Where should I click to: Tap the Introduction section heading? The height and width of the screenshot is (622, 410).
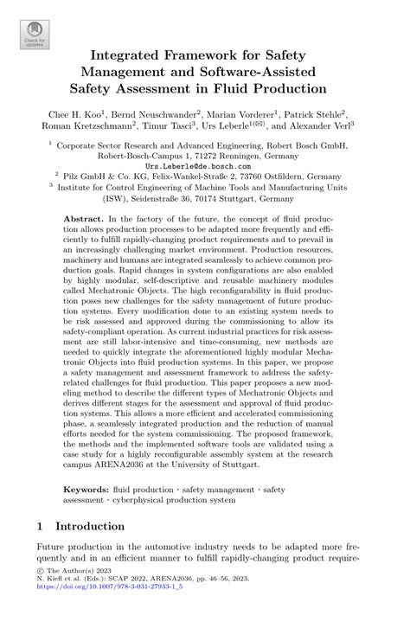(x=90, y=526)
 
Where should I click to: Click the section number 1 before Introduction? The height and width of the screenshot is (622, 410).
(x=41, y=526)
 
